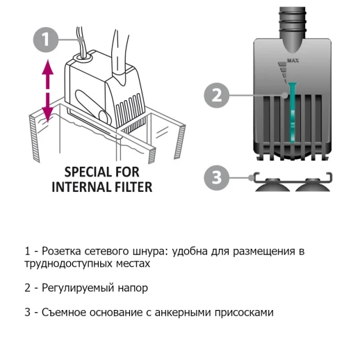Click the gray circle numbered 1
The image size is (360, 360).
(45, 40)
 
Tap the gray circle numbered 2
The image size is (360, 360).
(217, 95)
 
